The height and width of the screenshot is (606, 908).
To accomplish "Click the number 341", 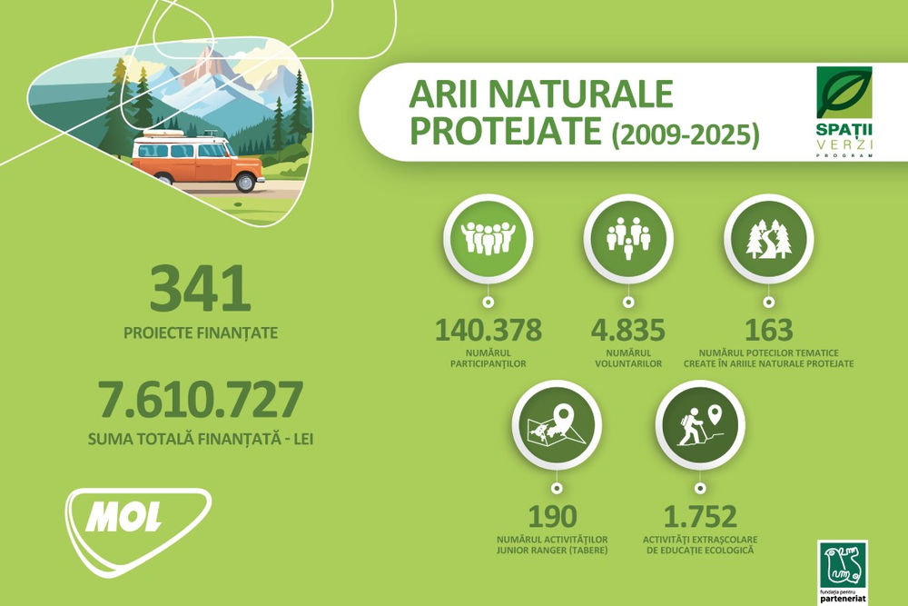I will [200, 289].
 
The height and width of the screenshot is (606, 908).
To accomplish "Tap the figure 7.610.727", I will [200, 400].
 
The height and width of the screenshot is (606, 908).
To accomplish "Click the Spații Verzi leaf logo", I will [844, 93].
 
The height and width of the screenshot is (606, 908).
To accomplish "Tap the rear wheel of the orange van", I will [245, 183].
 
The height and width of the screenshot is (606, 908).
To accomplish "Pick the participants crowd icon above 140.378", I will [488, 238].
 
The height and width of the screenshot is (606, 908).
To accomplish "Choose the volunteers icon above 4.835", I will [627, 238].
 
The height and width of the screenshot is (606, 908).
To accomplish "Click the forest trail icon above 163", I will [768, 238].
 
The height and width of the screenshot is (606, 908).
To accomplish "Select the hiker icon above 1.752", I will [699, 424].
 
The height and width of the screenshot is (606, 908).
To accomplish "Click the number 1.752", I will [699, 516].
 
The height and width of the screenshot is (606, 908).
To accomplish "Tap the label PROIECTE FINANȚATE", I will [200, 333].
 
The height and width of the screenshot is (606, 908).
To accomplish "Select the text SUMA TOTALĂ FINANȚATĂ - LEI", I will [201, 440].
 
